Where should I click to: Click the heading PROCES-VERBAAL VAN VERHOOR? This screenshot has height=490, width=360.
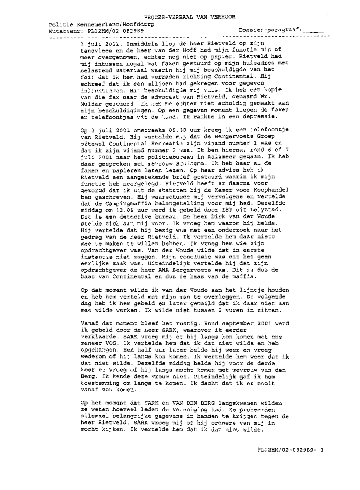click(190, 17)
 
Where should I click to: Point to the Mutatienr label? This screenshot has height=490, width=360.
click(65, 30)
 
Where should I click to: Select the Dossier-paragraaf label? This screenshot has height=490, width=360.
click(270, 30)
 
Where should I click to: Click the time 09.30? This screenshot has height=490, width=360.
click(164, 129)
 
